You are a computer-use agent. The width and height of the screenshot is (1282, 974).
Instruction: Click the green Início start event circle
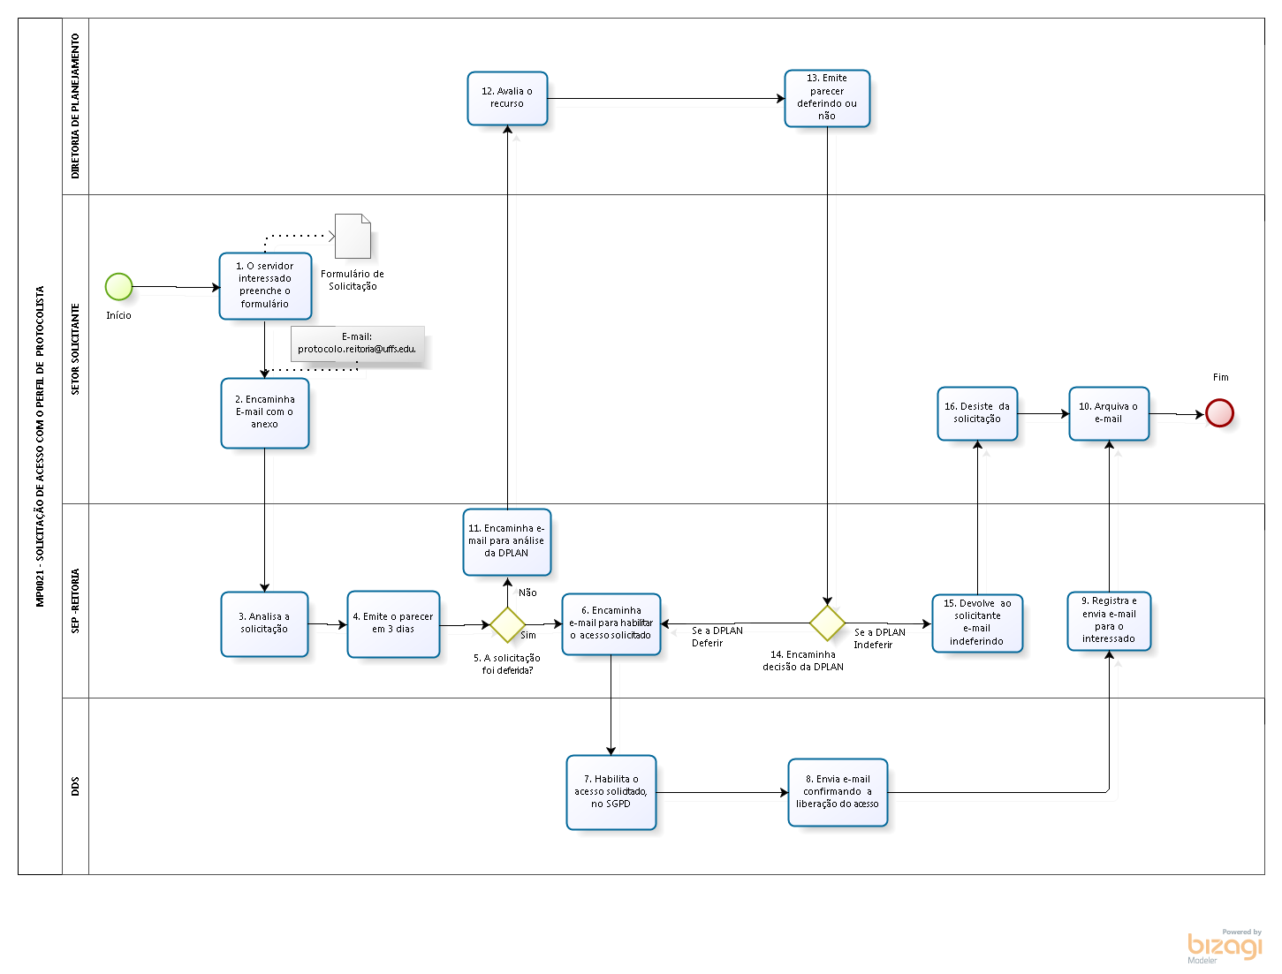118,287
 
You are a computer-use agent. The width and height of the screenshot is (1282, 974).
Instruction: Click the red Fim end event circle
1219,412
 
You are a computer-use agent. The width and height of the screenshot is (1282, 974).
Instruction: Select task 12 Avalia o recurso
507,98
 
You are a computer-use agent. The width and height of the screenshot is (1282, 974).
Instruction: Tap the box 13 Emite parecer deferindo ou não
827,98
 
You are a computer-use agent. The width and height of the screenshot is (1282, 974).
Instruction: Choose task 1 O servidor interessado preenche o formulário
265,285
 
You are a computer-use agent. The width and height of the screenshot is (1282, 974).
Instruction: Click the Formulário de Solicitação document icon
353,236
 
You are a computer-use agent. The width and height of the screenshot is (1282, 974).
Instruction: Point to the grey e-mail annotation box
357,344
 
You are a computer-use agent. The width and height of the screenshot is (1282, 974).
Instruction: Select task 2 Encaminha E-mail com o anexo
264,412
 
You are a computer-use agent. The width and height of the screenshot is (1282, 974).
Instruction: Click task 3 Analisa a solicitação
264,623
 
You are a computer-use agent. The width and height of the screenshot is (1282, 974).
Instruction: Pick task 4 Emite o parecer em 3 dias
393,623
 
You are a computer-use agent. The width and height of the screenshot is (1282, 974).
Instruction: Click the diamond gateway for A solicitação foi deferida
507,624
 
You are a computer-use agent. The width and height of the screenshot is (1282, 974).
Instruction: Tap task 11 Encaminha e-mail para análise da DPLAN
507,541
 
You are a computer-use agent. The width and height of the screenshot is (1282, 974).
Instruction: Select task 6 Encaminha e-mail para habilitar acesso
611,623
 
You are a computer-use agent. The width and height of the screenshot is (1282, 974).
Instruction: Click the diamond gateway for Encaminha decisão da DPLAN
827,623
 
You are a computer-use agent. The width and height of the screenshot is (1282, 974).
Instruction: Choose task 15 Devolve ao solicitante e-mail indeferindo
977,623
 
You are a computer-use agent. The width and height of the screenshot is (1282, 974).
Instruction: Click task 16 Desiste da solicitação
977,413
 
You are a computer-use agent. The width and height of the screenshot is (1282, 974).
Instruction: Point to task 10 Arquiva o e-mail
1109,413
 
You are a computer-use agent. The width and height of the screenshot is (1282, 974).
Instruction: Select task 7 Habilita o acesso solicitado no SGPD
611,792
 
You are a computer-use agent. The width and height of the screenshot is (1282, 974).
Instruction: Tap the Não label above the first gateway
527,593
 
